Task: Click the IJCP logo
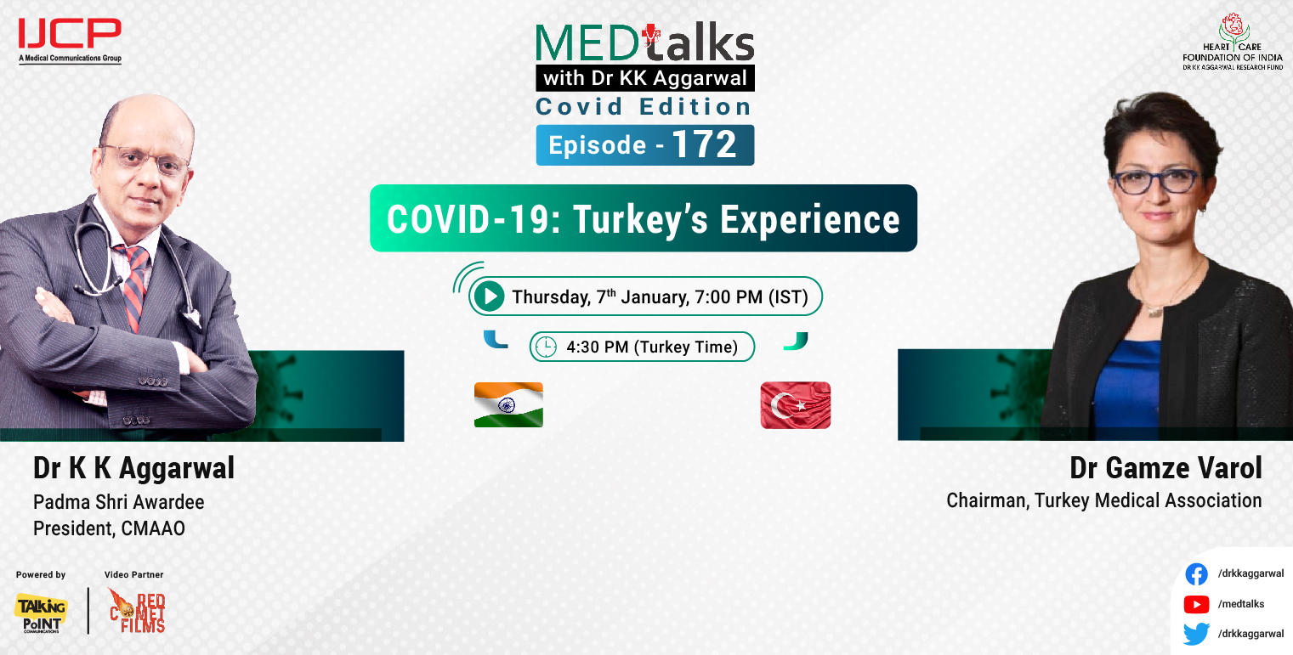[70, 35]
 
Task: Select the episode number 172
[705, 145]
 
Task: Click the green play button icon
[489, 296]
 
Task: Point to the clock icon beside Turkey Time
[546, 347]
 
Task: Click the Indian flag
[508, 404]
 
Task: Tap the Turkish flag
[796, 405]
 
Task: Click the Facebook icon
[1197, 574]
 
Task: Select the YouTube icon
[1197, 604]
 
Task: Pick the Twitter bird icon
[1197, 634]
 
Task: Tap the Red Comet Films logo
[137, 611]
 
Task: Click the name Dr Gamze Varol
[1165, 468]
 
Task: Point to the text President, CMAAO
[109, 528]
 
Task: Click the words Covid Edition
[644, 107]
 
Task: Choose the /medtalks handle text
[1241, 604]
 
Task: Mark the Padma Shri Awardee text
[119, 502]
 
